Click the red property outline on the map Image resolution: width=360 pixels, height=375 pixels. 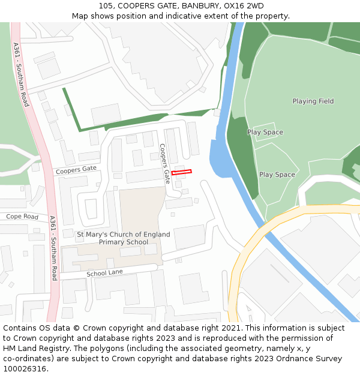[181, 172]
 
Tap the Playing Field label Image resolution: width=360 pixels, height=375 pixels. [313, 101]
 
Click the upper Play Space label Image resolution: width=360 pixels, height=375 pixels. [265, 132]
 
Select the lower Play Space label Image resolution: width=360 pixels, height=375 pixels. [277, 175]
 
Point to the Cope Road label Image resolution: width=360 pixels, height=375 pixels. [22, 217]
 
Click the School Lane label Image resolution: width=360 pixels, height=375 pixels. [104, 273]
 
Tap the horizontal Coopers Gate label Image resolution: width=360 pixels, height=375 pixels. [76, 170]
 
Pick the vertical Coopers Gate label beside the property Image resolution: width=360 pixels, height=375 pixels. [165, 163]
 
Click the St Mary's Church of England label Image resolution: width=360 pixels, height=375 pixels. [124, 234]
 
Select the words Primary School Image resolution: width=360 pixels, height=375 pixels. [124, 242]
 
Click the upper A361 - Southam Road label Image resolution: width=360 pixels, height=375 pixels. [20, 74]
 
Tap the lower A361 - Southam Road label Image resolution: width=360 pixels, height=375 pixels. [53, 248]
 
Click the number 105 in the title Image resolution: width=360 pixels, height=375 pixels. [106, 6]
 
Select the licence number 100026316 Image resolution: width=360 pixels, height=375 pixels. [23, 368]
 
